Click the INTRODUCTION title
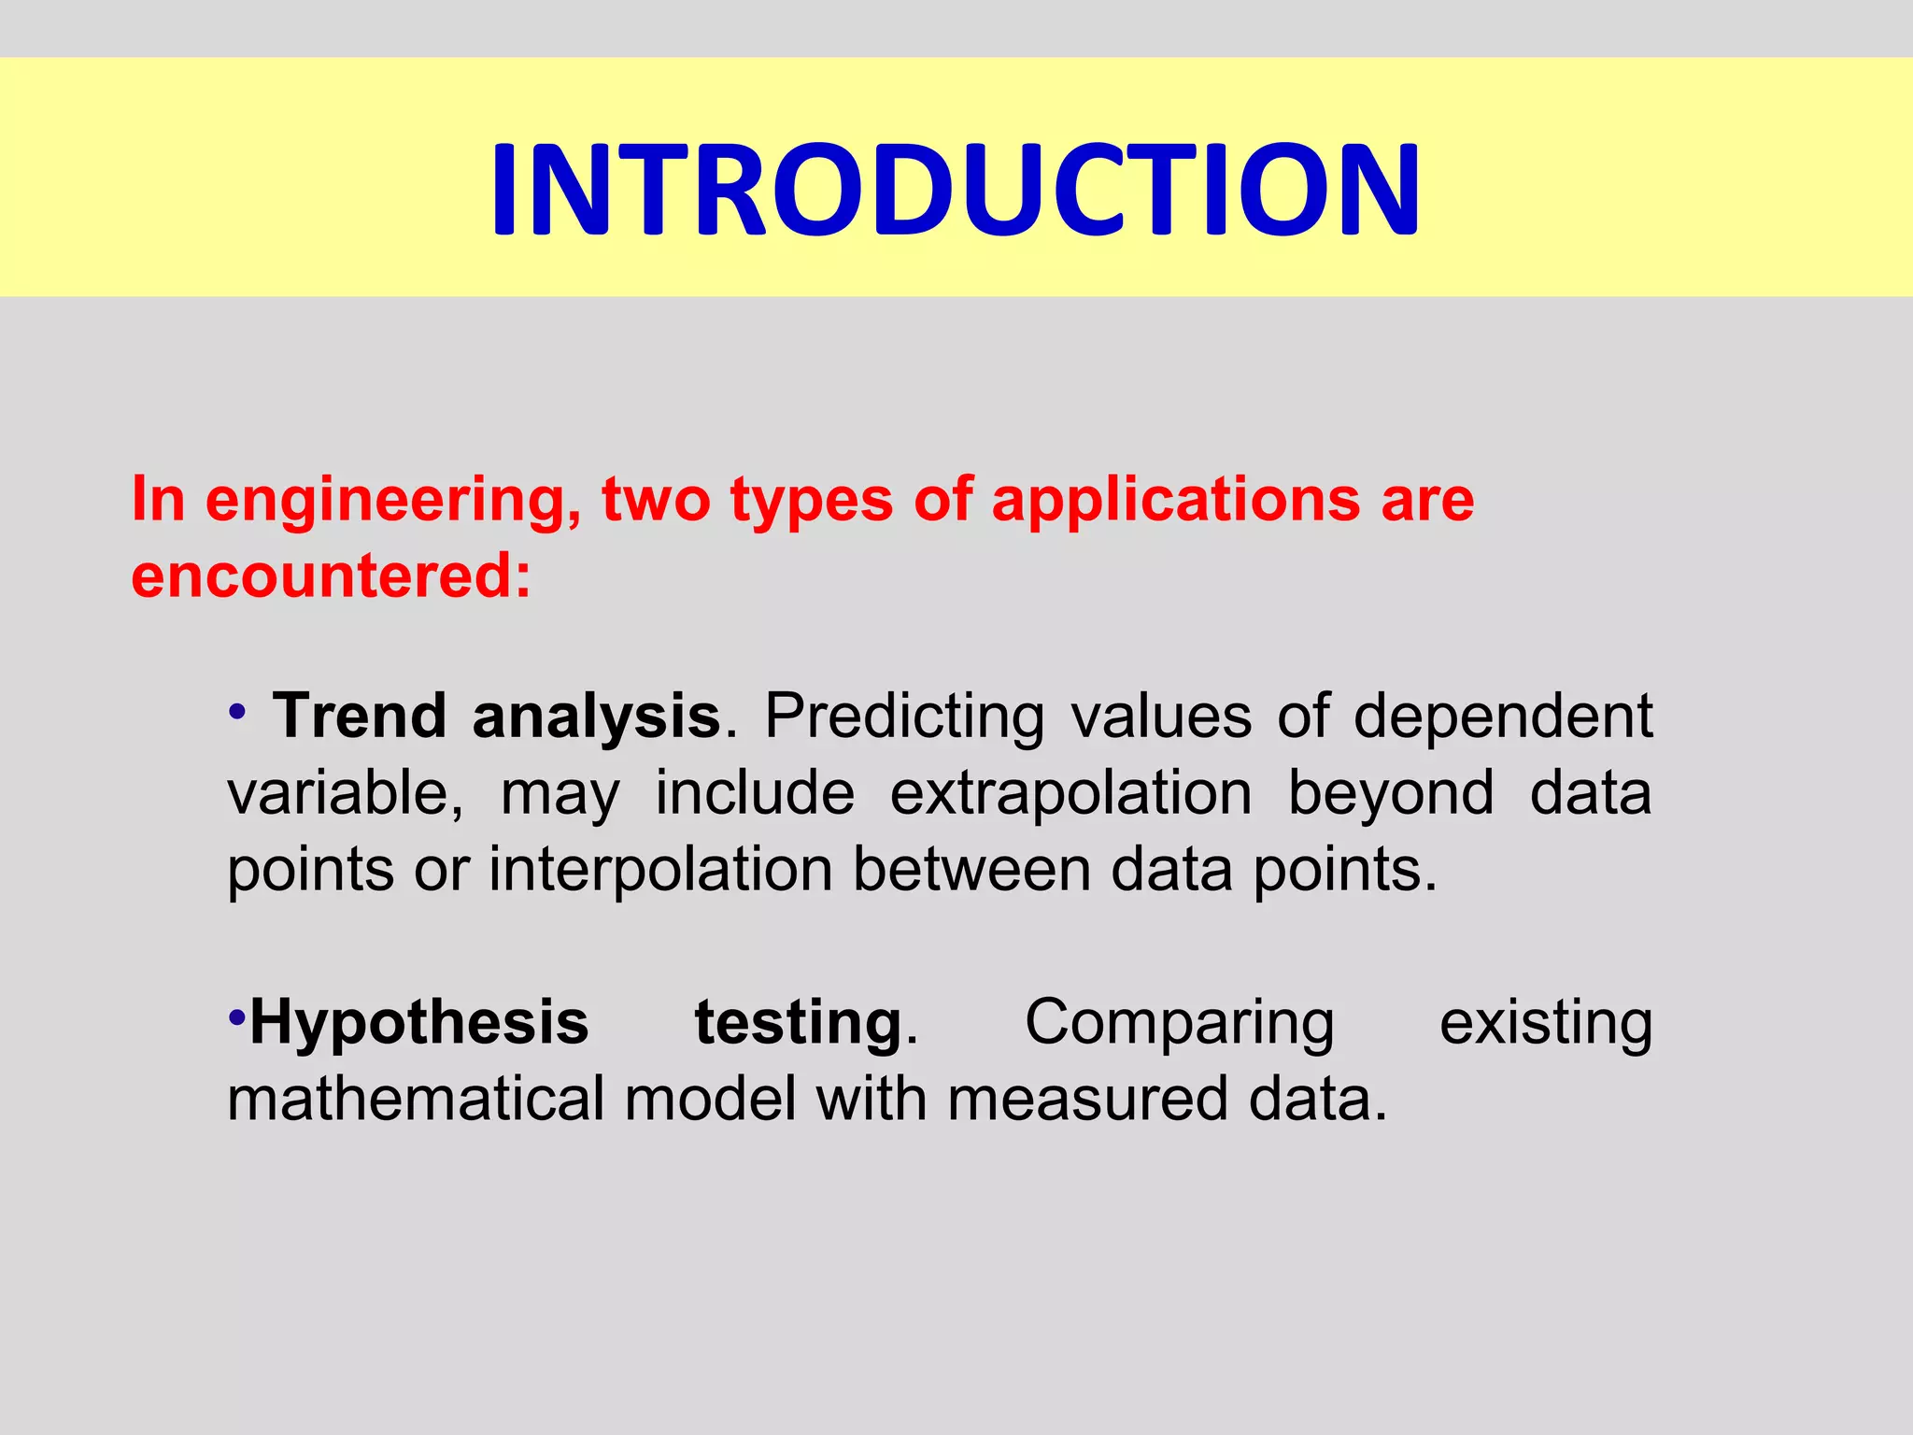click(956, 190)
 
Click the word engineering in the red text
click(390, 501)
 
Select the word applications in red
click(1175, 501)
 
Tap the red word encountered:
click(331, 575)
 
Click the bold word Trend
click(360, 717)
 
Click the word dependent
click(1503, 717)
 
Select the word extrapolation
click(1070, 793)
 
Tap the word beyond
click(1391, 795)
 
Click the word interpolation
click(660, 871)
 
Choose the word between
click(971, 870)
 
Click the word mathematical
click(416, 1099)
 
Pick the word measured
click(1087, 1099)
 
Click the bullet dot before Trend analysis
click(237, 713)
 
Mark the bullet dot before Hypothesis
click(237, 1016)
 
